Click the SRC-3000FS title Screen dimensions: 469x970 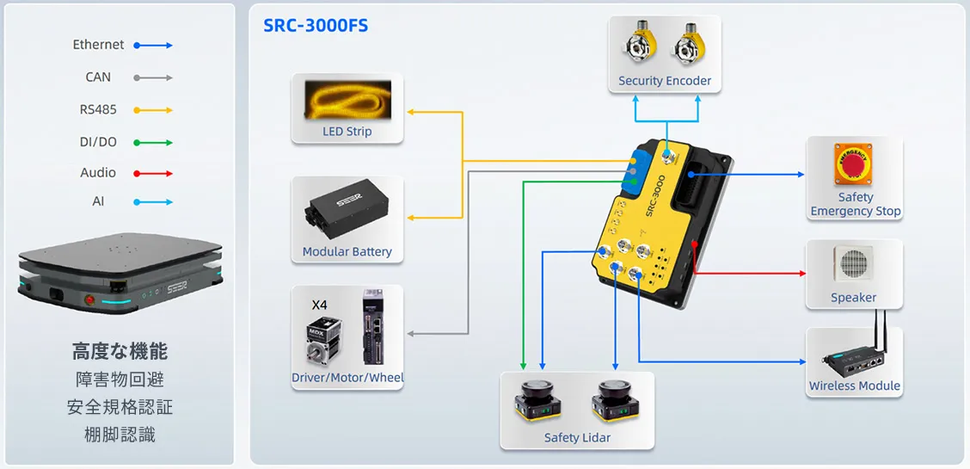coord(316,25)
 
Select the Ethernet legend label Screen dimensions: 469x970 coord(98,45)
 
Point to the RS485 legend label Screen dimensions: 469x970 coord(98,109)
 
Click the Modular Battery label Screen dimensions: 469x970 coord(347,252)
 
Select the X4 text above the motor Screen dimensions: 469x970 coord(319,305)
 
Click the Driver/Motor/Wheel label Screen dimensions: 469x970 coord(347,378)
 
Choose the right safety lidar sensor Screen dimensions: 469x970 coord(615,402)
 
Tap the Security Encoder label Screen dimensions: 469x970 coord(665,81)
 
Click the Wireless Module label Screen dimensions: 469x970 coord(854,386)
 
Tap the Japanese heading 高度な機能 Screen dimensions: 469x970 coord(120,351)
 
